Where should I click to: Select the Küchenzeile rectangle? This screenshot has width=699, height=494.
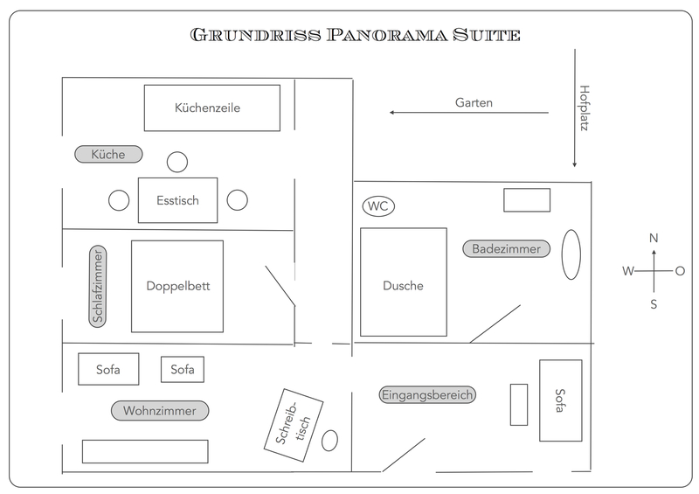[211, 108]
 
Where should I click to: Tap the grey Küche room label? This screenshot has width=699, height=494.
[107, 154]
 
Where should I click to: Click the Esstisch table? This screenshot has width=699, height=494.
[178, 200]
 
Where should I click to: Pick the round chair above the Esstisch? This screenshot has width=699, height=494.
[177, 162]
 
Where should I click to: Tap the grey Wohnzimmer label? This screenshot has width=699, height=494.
[160, 410]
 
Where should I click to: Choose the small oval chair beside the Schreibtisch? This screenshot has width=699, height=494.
[329, 440]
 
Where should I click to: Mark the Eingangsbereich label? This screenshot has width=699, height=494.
[427, 394]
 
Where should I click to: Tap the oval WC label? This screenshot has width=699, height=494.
[378, 206]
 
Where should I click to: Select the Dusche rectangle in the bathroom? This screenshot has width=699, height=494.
[403, 282]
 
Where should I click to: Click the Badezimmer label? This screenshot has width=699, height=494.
[507, 249]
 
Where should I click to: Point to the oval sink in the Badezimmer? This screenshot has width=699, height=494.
[571, 254]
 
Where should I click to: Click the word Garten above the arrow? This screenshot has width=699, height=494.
[474, 102]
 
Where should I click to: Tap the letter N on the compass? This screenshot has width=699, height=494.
[654, 238]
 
